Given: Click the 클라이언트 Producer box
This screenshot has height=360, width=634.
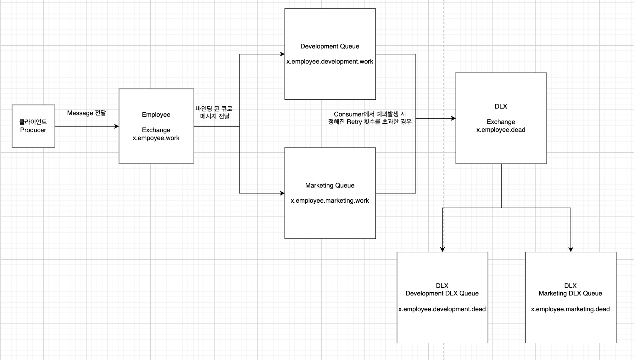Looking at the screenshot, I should click(x=33, y=126).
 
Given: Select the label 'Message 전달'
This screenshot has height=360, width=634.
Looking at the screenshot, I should click(x=86, y=113).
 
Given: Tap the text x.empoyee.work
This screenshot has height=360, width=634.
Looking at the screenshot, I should click(x=156, y=138).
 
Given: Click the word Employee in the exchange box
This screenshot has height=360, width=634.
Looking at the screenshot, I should click(x=156, y=115).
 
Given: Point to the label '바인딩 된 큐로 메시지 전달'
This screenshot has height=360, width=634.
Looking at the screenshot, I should click(x=214, y=112).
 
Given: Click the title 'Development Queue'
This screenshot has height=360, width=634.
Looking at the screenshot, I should click(x=330, y=46).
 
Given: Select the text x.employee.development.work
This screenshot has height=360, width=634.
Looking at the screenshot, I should click(x=330, y=61).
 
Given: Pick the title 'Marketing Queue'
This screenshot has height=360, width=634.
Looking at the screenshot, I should click(x=330, y=185).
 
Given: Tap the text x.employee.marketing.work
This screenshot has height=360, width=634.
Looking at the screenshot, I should click(x=330, y=200).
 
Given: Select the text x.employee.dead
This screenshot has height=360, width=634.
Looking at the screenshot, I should click(x=501, y=130).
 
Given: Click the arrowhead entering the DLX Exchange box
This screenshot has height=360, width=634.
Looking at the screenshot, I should click(x=453, y=118).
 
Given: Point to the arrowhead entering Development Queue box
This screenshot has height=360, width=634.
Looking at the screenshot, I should click(x=282, y=54).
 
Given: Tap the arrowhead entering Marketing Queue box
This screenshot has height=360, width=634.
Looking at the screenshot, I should click(x=282, y=193).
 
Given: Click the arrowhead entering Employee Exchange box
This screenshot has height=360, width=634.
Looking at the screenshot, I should click(x=116, y=126).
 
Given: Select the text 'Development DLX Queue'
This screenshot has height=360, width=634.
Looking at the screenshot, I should click(x=442, y=293).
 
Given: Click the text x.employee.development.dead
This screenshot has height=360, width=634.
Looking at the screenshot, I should click(x=442, y=309).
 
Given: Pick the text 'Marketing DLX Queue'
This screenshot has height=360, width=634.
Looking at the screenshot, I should click(x=570, y=293).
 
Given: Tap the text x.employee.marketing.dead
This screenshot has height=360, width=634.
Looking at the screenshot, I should click(x=570, y=309).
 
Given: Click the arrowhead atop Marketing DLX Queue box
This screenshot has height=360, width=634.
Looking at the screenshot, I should click(x=571, y=250).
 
